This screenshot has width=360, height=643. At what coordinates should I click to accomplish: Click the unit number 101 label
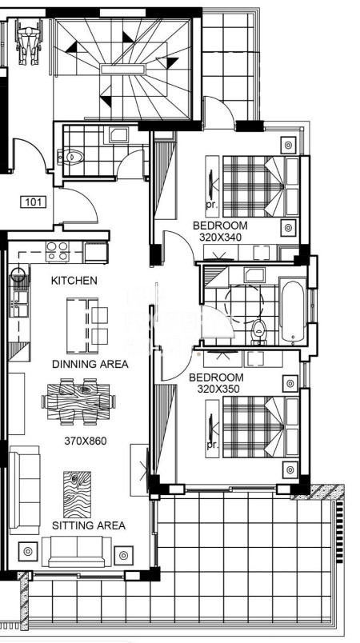click(33, 202)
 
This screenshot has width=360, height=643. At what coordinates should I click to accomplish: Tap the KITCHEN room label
click(74, 281)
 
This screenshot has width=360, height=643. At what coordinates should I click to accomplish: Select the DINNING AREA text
click(90, 364)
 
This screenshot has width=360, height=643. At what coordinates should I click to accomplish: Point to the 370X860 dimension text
click(86, 441)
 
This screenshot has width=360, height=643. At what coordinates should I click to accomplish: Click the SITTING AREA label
click(89, 525)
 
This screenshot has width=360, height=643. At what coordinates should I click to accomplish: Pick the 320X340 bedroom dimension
click(220, 237)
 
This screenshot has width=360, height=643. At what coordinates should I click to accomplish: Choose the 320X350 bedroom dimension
click(218, 389)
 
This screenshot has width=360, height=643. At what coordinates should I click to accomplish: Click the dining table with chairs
click(78, 401)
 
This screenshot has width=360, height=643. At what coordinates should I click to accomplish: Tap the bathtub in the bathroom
click(293, 312)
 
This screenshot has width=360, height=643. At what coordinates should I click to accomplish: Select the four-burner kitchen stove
click(58, 251)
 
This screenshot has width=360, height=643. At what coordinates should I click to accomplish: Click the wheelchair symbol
click(29, 42)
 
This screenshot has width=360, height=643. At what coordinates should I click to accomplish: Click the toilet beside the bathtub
click(258, 330)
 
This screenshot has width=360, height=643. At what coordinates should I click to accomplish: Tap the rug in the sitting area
click(77, 494)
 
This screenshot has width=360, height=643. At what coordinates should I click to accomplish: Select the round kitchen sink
click(18, 275)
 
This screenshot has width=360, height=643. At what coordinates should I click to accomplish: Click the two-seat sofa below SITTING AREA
click(77, 551)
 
